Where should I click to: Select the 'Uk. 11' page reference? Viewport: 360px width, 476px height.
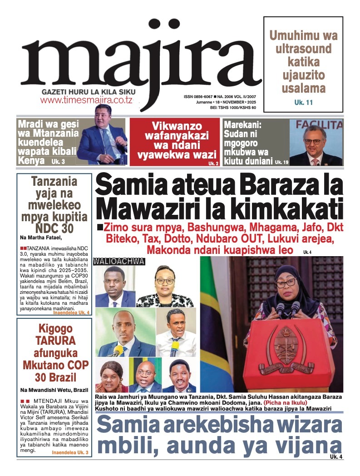(x=303, y=103)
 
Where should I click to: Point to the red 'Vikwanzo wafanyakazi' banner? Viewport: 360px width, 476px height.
(x=173, y=141)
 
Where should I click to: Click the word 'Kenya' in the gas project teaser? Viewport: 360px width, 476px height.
(x=31, y=160)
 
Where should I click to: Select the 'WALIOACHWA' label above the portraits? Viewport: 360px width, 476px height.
(x=118, y=261)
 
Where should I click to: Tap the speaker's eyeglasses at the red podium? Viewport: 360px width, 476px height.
(x=285, y=283)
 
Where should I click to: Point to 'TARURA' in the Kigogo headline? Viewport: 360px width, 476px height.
(x=50, y=341)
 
